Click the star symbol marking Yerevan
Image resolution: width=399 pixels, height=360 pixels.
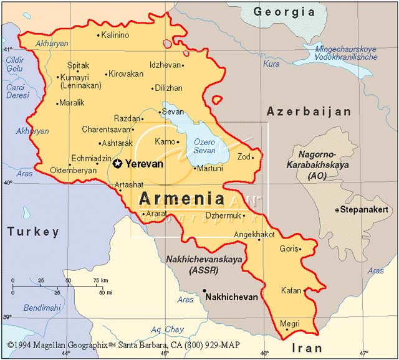tap(118, 164)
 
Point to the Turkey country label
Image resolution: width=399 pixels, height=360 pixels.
tap(33, 232)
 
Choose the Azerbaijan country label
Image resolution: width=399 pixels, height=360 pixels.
tap(309, 111)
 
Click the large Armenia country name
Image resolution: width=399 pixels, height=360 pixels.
tap(181, 199)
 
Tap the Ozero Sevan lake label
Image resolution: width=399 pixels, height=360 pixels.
tap(204, 146)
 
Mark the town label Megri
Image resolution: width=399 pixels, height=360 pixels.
tap(290, 323)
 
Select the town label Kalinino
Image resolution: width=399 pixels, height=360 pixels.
tap(115, 35)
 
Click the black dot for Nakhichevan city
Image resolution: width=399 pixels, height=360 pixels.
tap(204, 291)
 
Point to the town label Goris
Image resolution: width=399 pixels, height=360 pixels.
tap(289, 248)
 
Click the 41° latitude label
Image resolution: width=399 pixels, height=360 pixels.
tap(7, 49)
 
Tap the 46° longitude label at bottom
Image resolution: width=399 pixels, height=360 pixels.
tap(264, 354)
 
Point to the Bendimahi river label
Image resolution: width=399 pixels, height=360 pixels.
tap(42, 308)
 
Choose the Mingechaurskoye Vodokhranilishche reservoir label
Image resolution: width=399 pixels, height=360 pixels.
tap(346, 53)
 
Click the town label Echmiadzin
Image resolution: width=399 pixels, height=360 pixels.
tap(92, 158)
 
